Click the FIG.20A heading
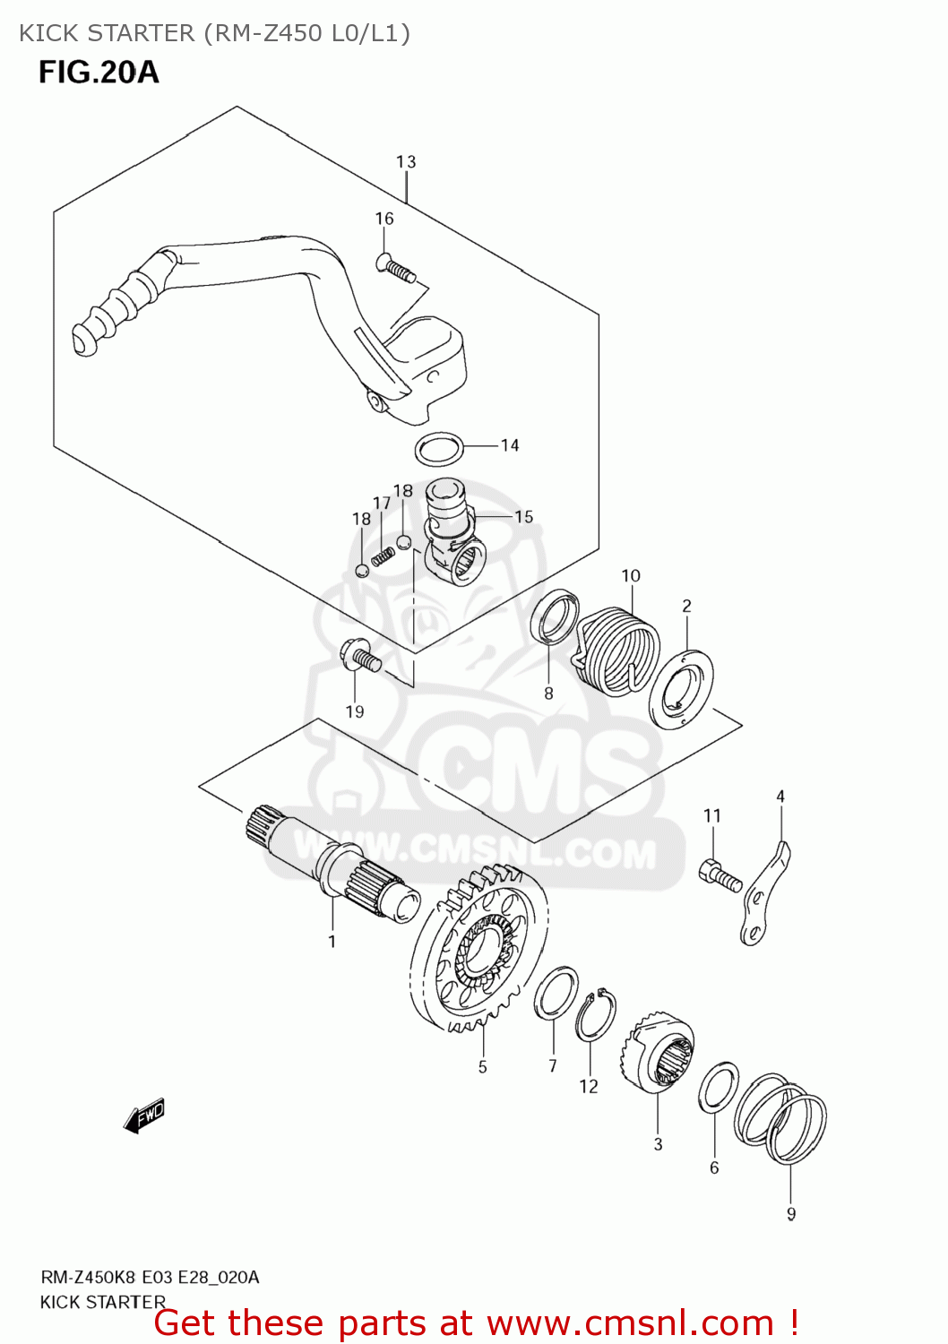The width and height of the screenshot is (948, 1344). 99,72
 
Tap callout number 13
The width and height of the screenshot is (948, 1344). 406,162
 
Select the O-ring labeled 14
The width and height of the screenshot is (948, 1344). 440,449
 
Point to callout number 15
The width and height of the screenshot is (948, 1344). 523,517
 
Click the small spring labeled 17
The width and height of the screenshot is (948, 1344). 383,556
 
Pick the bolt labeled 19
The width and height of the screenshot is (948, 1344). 360,657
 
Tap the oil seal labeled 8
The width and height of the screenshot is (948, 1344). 555,617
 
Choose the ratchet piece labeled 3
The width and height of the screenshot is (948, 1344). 658,1055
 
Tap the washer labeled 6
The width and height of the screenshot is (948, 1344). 718,1088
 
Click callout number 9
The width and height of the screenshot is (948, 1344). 791,1214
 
